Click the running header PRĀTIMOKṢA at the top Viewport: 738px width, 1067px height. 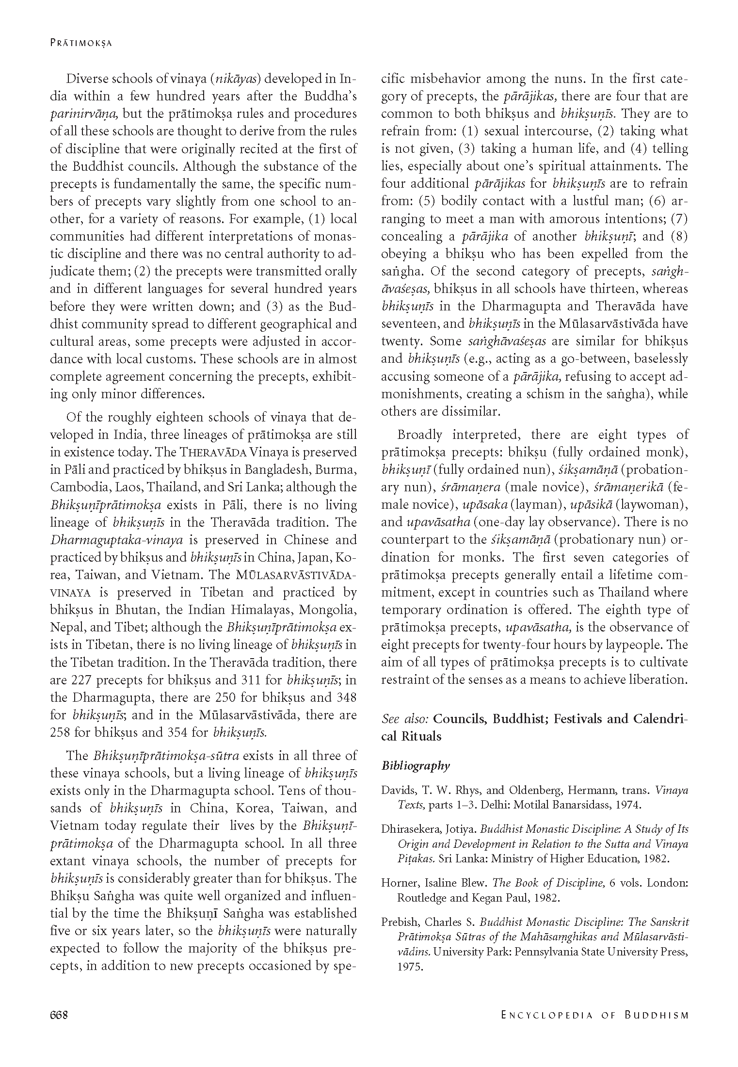pos(81,43)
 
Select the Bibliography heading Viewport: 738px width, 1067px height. pos(416,765)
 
